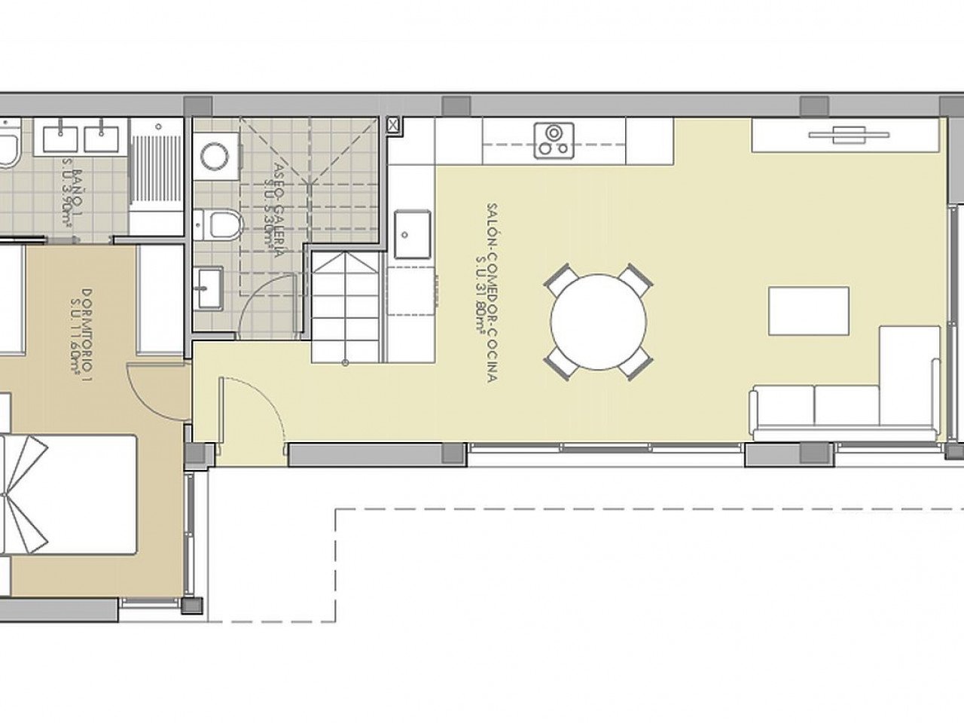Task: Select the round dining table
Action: pyautogui.click(x=599, y=321)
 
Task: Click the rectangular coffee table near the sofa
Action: pyautogui.click(x=808, y=310)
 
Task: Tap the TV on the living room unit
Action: pyautogui.click(x=848, y=136)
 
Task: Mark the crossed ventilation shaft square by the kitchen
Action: pyautogui.click(x=393, y=126)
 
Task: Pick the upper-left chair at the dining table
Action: pyautogui.click(x=560, y=280)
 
